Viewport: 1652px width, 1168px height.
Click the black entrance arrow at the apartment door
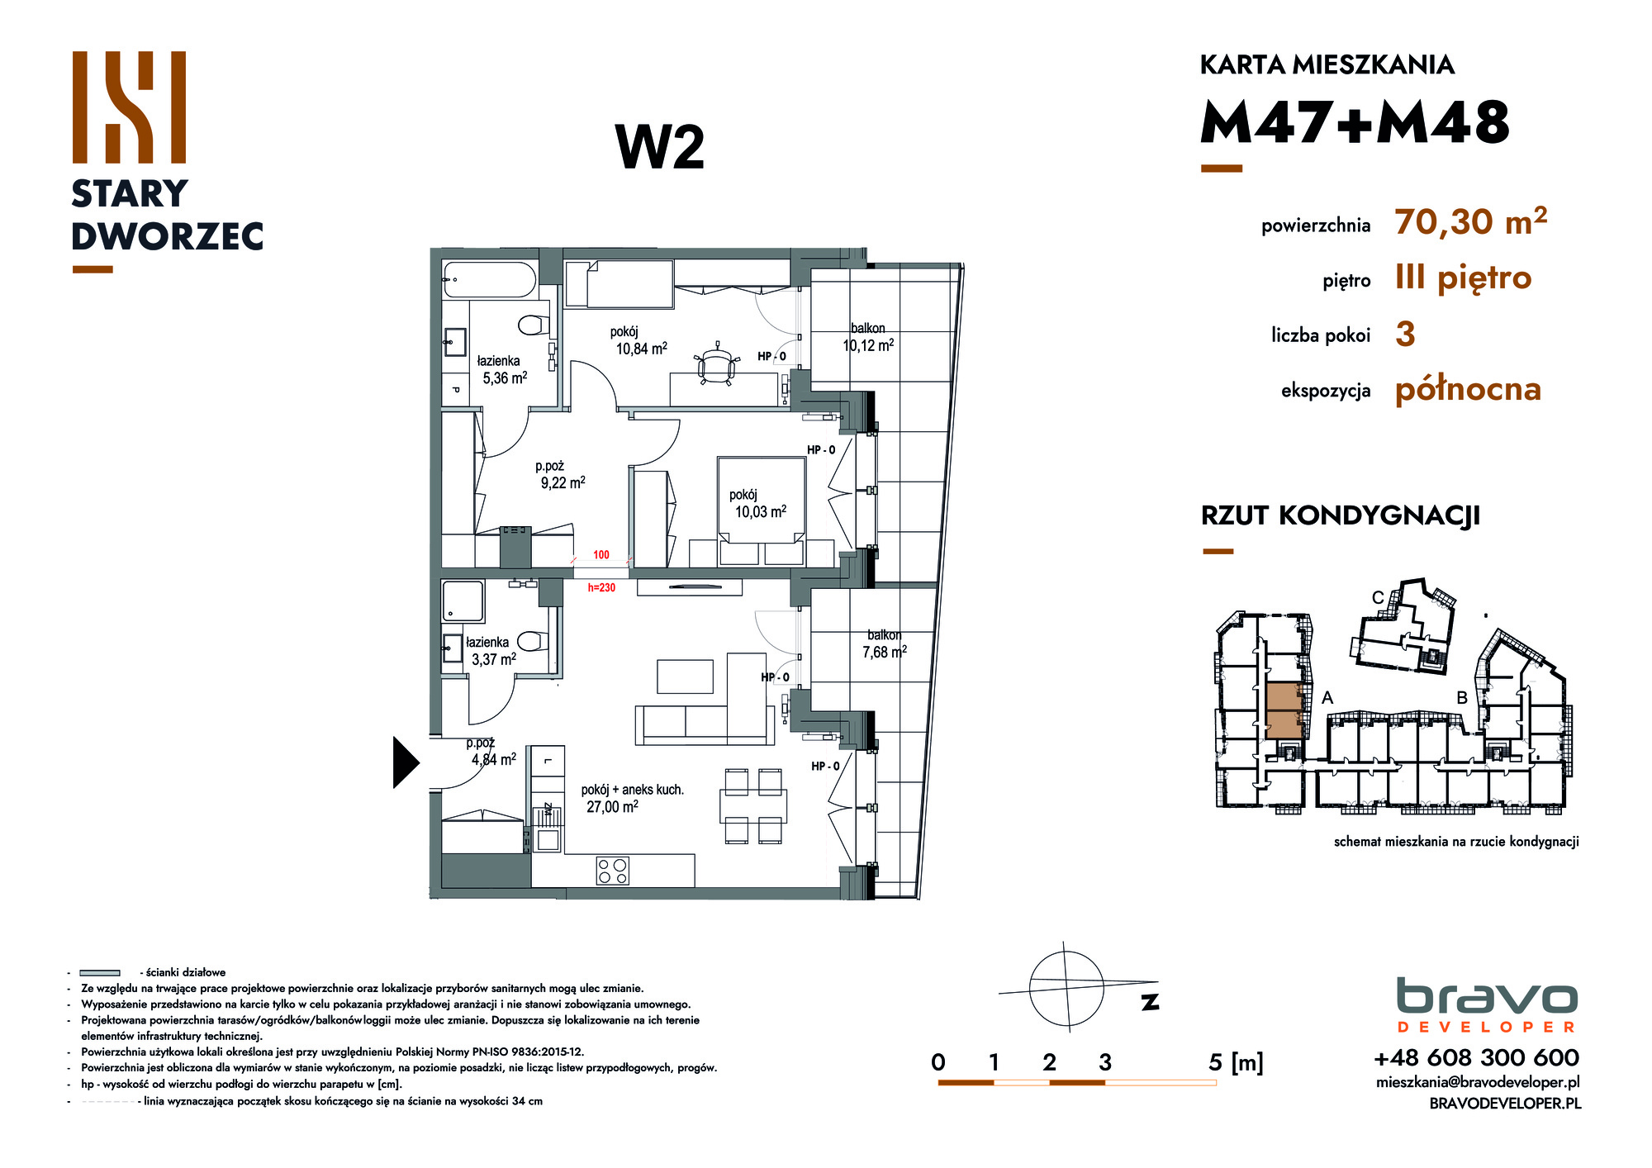(405, 762)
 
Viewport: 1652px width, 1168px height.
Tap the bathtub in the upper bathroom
(490, 280)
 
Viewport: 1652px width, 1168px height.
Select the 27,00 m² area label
(612, 807)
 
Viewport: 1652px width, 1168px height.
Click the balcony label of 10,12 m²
(868, 337)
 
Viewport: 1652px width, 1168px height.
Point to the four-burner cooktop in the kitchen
(613, 871)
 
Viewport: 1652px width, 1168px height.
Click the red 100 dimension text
(601, 555)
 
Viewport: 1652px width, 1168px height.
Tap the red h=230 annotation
(601, 588)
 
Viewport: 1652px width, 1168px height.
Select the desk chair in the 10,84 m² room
(716, 363)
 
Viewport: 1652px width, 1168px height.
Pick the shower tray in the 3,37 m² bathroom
(463, 601)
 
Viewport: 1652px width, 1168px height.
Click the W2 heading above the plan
(660, 148)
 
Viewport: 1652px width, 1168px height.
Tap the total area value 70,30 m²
(1470, 221)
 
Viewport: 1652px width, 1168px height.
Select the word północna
(1468, 389)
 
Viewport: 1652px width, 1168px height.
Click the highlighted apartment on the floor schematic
(1284, 710)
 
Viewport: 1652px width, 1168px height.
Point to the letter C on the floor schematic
(1378, 598)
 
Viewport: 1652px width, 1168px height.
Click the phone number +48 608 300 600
(1476, 1057)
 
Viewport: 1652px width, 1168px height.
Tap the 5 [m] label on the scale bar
(1236, 1062)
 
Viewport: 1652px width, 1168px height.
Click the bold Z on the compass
(1150, 1002)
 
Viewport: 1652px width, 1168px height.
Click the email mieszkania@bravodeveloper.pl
(1478, 1082)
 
